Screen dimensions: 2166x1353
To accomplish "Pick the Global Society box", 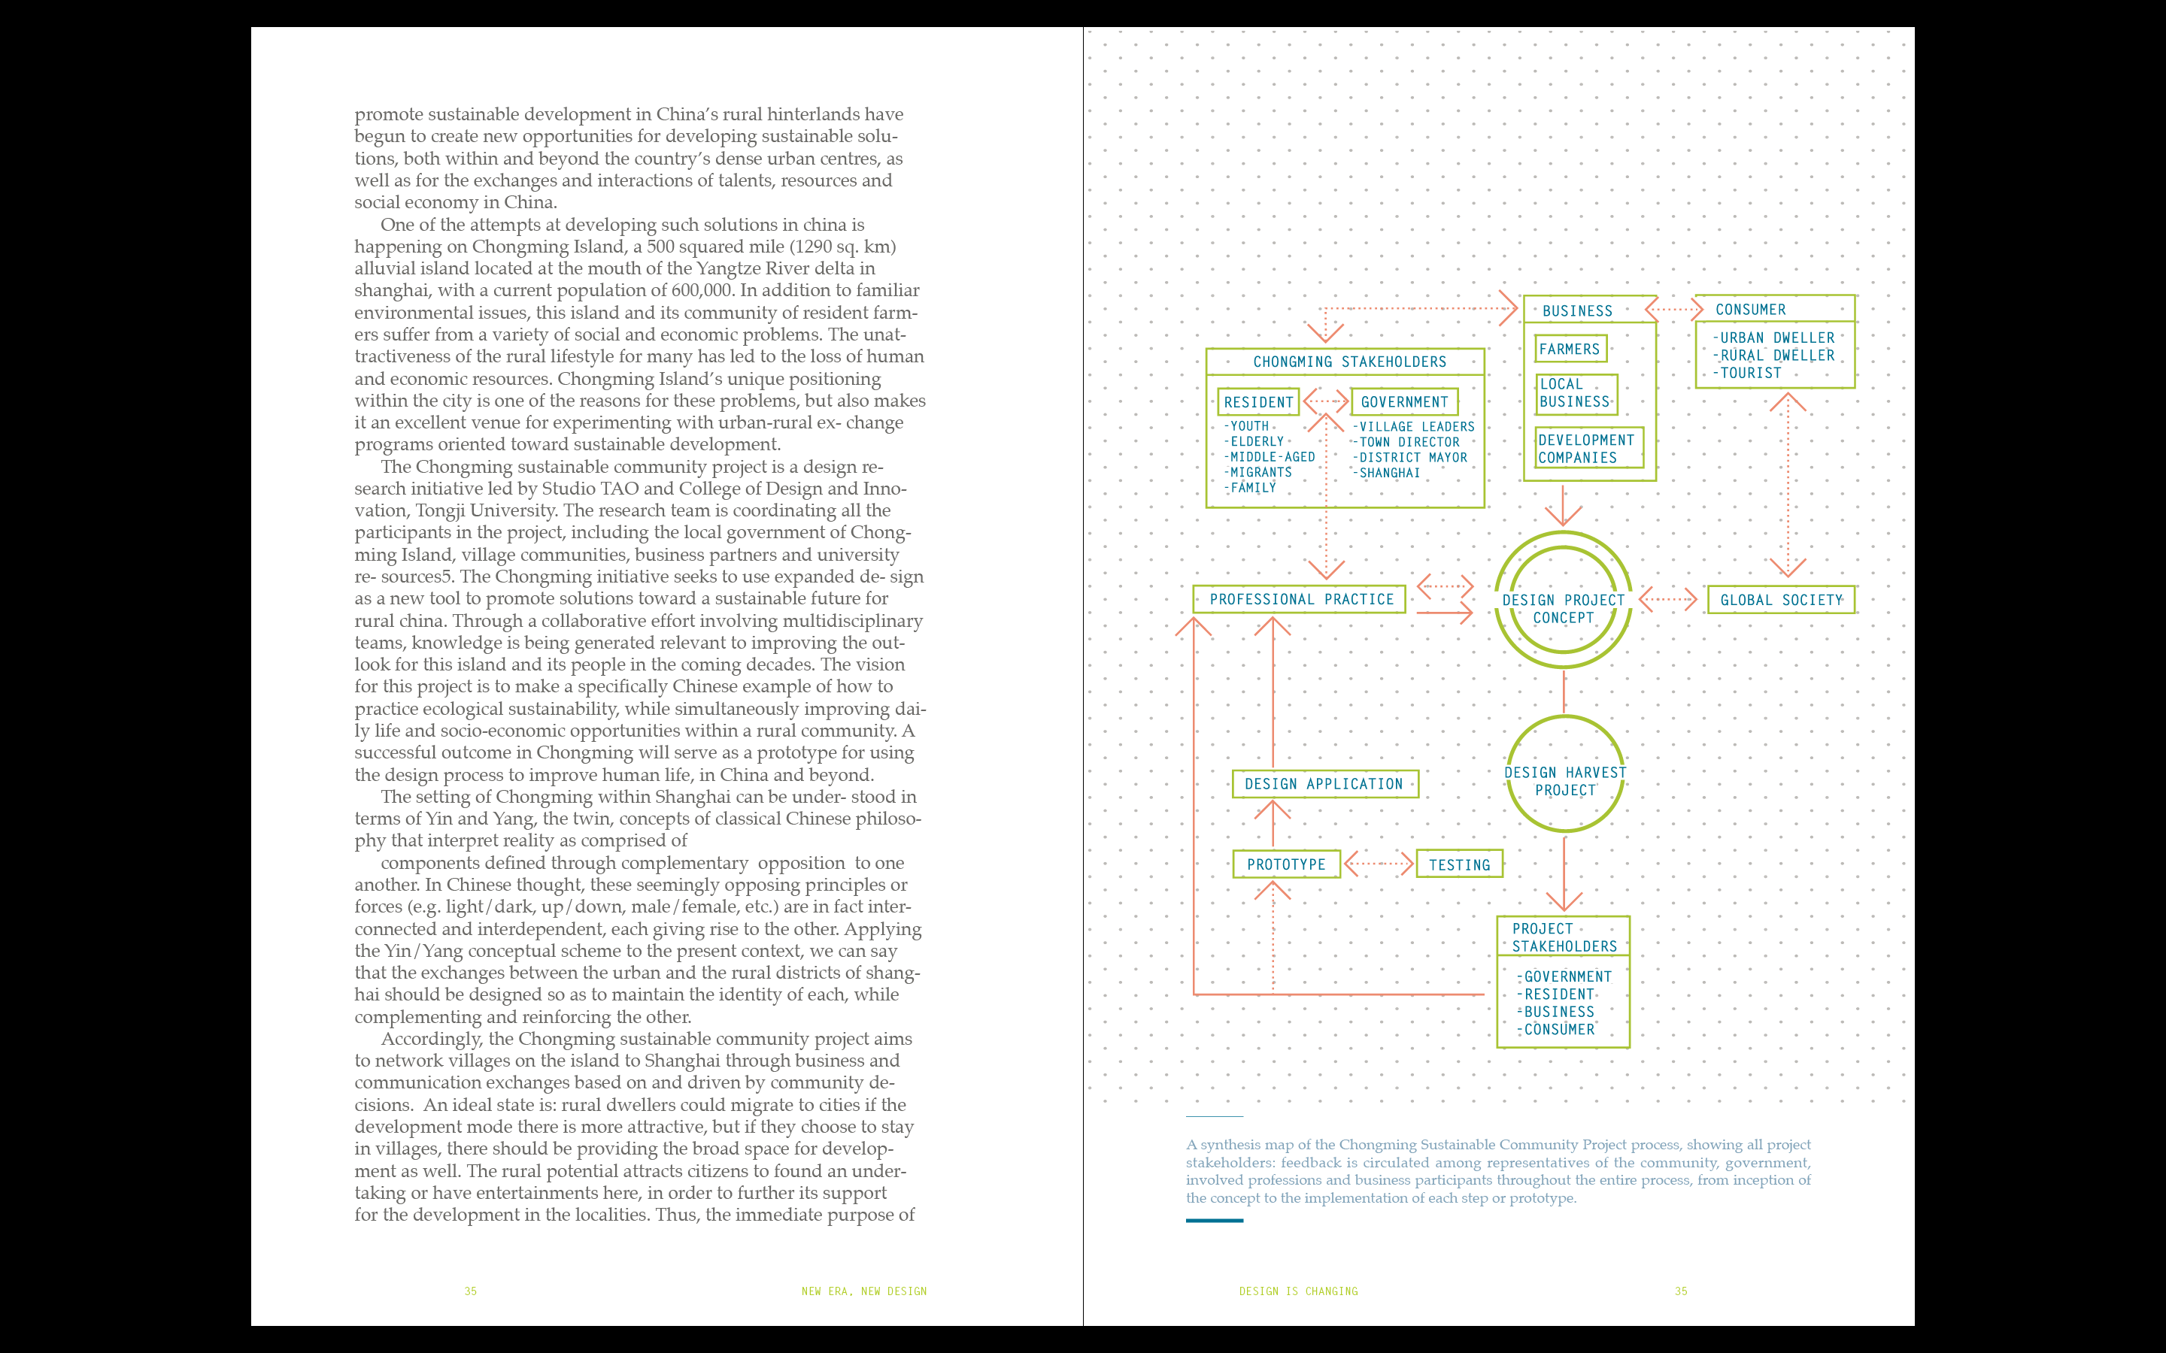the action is [1780, 600].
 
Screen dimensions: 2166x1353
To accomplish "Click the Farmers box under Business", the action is [1570, 349].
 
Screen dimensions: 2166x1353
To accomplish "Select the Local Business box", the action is [1576, 393].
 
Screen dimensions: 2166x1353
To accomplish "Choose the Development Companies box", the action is [1587, 448].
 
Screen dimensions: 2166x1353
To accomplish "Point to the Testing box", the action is [1459, 864].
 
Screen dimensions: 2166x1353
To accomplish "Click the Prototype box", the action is [1286, 864].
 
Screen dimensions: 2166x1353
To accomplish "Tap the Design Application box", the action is [1324, 784].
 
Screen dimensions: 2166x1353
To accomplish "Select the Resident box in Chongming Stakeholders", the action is [1257, 403].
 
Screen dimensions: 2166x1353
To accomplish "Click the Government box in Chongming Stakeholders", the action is [1403, 403].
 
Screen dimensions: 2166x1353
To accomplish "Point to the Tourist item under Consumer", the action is [1751, 373].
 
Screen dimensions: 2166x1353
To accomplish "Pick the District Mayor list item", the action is [1413, 457].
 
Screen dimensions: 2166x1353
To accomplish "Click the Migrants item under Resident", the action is [1260, 473].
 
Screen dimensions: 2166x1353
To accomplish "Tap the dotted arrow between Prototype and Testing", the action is [1379, 864].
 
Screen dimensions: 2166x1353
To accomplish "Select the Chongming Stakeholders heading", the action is [1348, 362].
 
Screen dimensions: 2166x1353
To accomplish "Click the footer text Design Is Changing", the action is [1298, 1291].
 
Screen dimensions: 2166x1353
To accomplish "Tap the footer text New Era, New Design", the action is [863, 1291].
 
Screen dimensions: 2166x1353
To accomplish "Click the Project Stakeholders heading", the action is [1564, 937].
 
